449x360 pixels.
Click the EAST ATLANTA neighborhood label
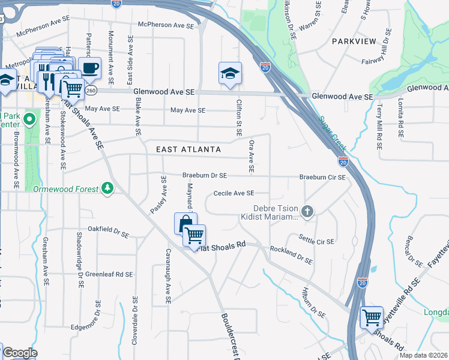click(x=188, y=149)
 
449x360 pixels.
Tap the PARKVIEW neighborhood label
click(x=354, y=41)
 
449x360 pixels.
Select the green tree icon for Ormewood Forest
click(x=107, y=188)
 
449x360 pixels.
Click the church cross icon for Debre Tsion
click(x=307, y=211)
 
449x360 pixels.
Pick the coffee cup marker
click(x=90, y=68)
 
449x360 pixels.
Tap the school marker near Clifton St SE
click(x=230, y=73)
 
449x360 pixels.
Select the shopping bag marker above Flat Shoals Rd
click(x=184, y=224)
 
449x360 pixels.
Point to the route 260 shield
click(x=91, y=90)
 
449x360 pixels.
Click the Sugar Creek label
click(x=331, y=134)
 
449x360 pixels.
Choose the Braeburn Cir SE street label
click(x=322, y=178)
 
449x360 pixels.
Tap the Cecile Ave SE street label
click(x=234, y=193)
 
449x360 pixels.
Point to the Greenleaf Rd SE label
click(x=108, y=274)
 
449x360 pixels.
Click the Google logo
click(x=20, y=353)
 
